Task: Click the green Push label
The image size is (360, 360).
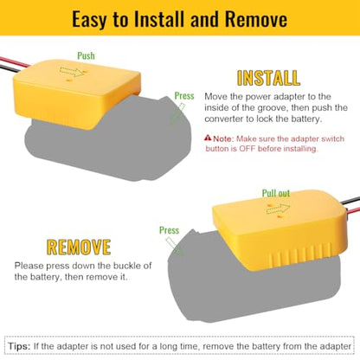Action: point(86,55)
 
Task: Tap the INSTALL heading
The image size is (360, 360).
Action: point(268,78)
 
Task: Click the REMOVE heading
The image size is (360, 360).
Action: point(79,247)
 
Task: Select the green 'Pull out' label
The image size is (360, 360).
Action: point(276,193)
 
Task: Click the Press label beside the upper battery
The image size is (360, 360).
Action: point(184,96)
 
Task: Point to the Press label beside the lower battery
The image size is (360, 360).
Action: point(169,230)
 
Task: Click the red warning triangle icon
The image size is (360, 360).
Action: point(208,138)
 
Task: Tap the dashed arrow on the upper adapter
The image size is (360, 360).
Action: point(71,72)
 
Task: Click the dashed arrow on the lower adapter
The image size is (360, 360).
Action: point(278,209)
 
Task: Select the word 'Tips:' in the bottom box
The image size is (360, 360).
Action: point(19,346)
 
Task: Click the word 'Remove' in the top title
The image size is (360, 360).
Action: point(256,19)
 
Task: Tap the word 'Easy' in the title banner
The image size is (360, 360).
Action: point(90,20)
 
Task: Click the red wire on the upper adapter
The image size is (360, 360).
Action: point(15,62)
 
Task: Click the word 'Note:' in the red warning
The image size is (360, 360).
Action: point(223,138)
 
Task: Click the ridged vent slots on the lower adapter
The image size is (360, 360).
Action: point(300,253)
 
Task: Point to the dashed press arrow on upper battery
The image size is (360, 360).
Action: point(177,114)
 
